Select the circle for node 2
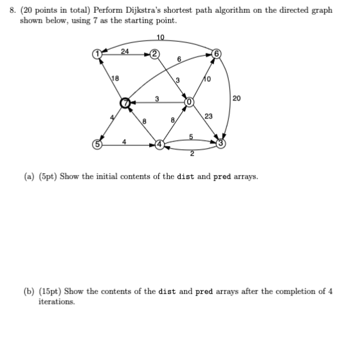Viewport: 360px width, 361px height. (155, 53)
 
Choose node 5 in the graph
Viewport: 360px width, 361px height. (97, 144)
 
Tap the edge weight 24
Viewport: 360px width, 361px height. (125, 50)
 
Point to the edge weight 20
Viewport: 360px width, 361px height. (237, 98)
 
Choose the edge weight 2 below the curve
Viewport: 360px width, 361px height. (192, 154)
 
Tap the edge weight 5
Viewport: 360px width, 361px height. (192, 135)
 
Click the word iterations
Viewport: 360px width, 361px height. (57, 301)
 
